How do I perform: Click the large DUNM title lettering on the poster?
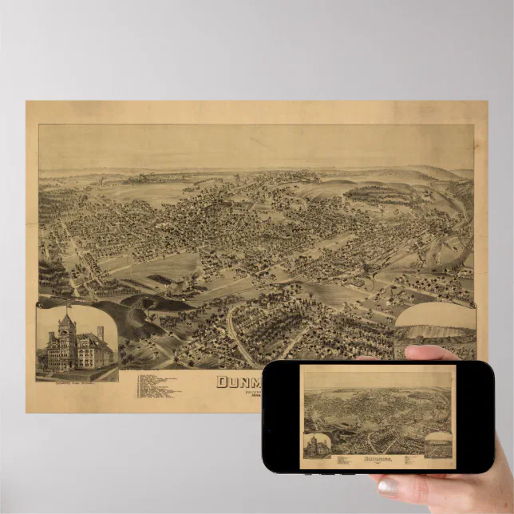(239, 381)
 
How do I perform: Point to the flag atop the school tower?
(68, 306)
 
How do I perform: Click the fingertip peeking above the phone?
(431, 352)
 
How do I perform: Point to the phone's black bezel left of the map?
(283, 415)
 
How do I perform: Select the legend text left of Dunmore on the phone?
(340, 461)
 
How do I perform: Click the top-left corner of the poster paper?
(27, 102)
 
